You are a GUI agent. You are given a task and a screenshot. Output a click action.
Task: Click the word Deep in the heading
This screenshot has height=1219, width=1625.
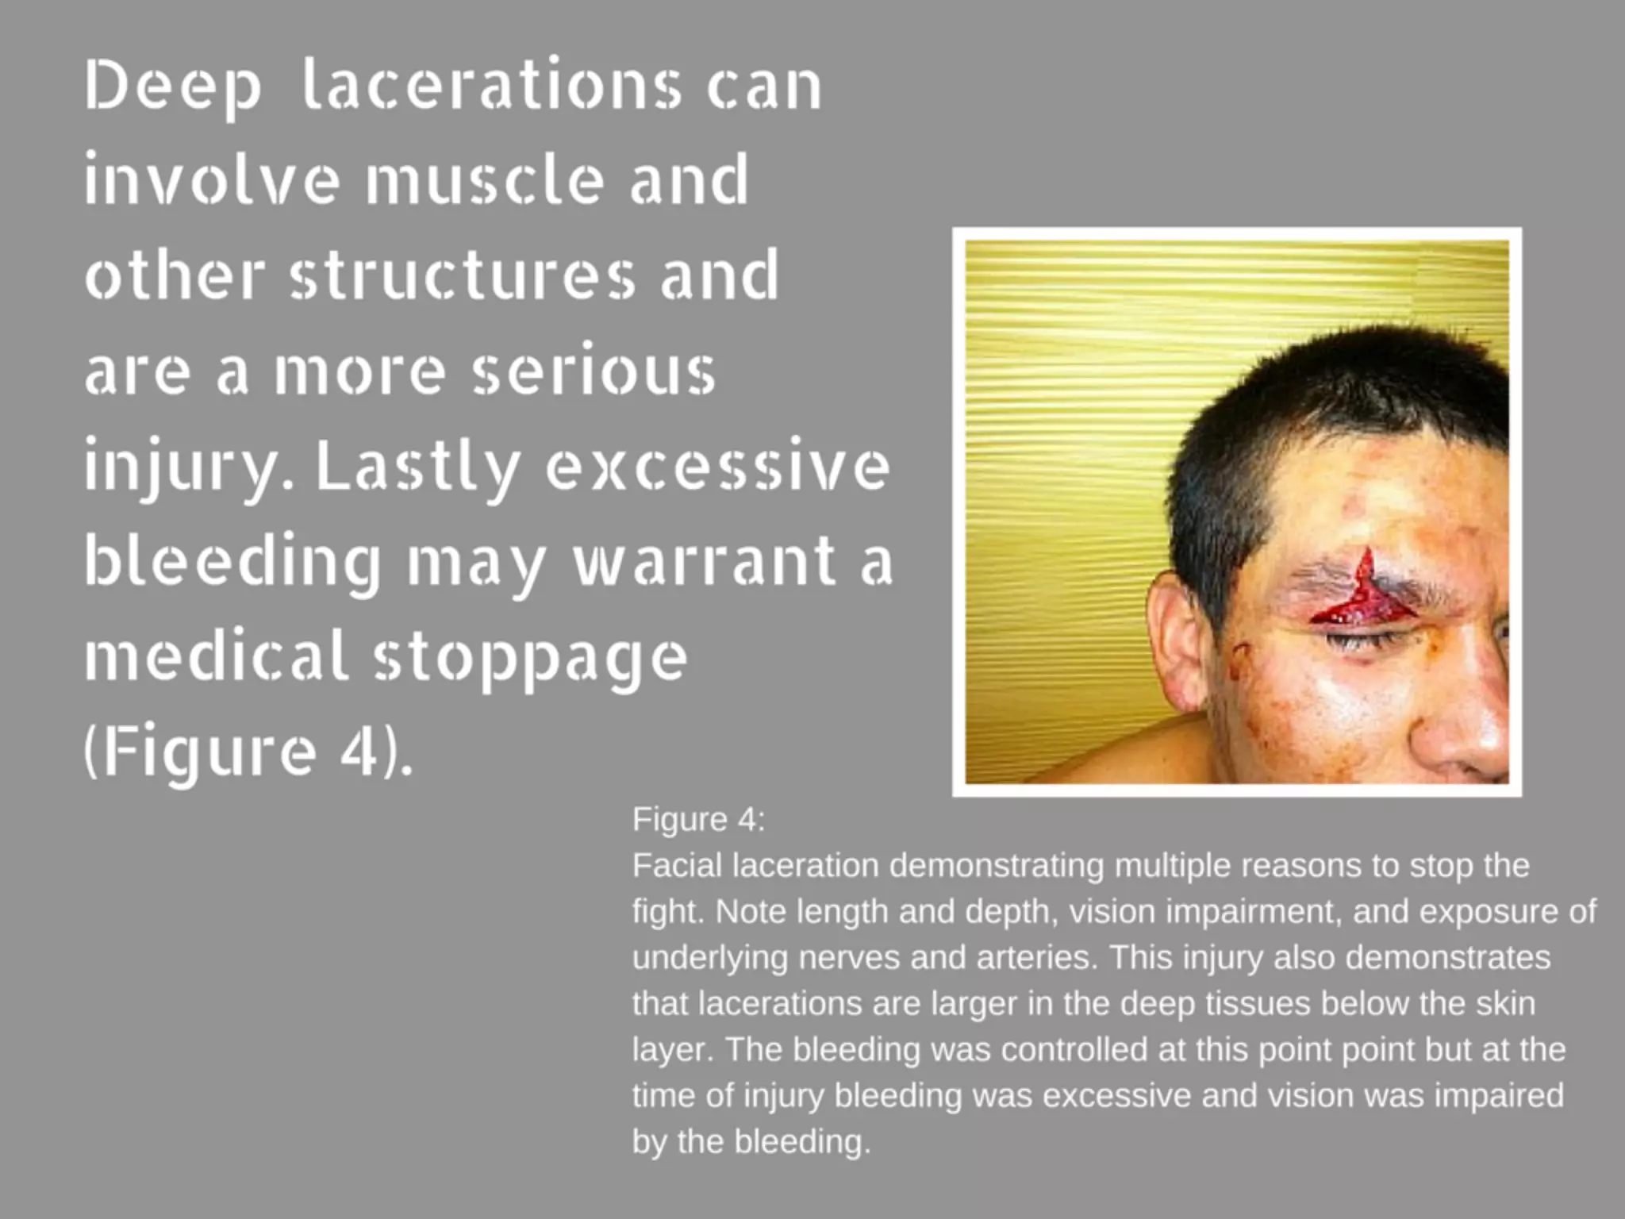click(x=172, y=87)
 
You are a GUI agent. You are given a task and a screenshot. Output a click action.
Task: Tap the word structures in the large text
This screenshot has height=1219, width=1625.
click(x=463, y=276)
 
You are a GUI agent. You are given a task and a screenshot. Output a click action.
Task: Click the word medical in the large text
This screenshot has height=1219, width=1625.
click(x=216, y=656)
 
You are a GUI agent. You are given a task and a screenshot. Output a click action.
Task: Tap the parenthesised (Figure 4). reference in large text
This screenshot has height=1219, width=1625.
click(x=248, y=752)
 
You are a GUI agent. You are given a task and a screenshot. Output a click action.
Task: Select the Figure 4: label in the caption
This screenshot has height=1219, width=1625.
click(x=698, y=819)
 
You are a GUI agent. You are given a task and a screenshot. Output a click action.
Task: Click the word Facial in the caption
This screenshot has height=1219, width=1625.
click(x=676, y=865)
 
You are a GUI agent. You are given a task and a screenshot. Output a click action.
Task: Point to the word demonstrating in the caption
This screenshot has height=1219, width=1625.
click(x=996, y=865)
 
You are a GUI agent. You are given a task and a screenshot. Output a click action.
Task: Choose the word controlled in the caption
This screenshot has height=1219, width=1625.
click(x=1074, y=1049)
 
